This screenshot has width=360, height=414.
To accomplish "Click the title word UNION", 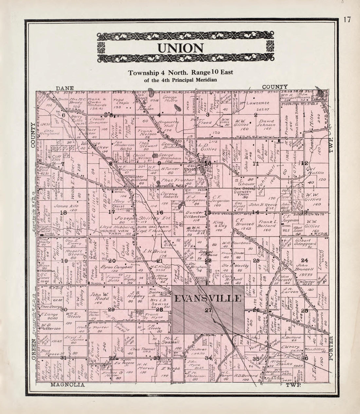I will point(180,48).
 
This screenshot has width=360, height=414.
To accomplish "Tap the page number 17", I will point(347,20).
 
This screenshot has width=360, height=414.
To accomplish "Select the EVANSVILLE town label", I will point(208,298).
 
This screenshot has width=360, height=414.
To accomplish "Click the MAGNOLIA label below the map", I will point(68,385).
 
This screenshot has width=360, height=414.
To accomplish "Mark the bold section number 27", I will point(208,311).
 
